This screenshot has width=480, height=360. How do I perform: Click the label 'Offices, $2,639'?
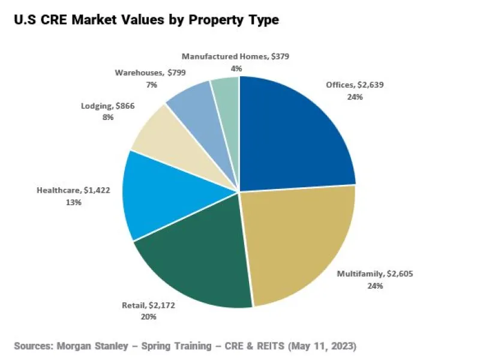coord(355,85)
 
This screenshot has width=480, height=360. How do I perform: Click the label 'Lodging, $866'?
coord(108,106)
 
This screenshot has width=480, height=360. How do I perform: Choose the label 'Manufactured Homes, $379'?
coord(236,56)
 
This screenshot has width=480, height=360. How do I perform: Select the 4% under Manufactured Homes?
coord(236,68)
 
